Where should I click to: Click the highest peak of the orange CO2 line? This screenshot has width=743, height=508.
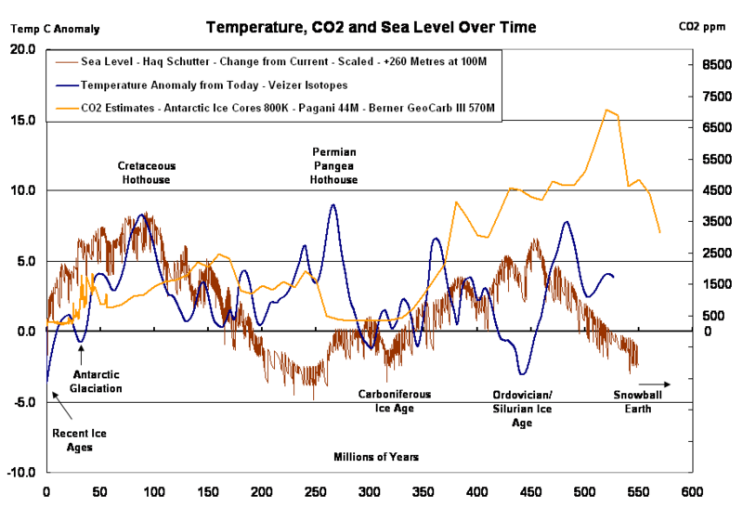click(608, 109)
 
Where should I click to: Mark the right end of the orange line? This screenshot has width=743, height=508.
click(660, 234)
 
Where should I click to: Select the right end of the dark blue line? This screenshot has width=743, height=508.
click(614, 276)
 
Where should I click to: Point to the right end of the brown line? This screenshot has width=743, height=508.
click(638, 369)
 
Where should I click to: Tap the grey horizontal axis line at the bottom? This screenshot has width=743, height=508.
click(371, 472)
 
